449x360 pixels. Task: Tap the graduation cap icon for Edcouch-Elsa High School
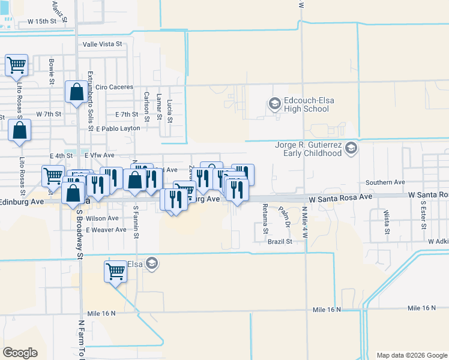click(276, 104)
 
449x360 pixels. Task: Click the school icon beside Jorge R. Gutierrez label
click(352, 148)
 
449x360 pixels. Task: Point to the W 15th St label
click(42, 21)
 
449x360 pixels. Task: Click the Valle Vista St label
click(102, 44)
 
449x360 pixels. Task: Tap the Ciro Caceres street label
click(114, 87)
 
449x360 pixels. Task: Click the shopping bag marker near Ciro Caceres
click(76, 93)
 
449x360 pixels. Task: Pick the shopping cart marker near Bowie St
click(17, 65)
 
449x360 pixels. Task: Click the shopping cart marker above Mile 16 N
click(116, 271)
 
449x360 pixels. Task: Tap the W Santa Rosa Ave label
click(340, 197)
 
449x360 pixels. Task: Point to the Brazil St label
click(280, 241)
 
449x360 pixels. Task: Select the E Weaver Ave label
click(106, 230)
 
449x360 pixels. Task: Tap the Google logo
click(20, 353)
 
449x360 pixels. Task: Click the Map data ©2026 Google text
click(411, 355)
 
